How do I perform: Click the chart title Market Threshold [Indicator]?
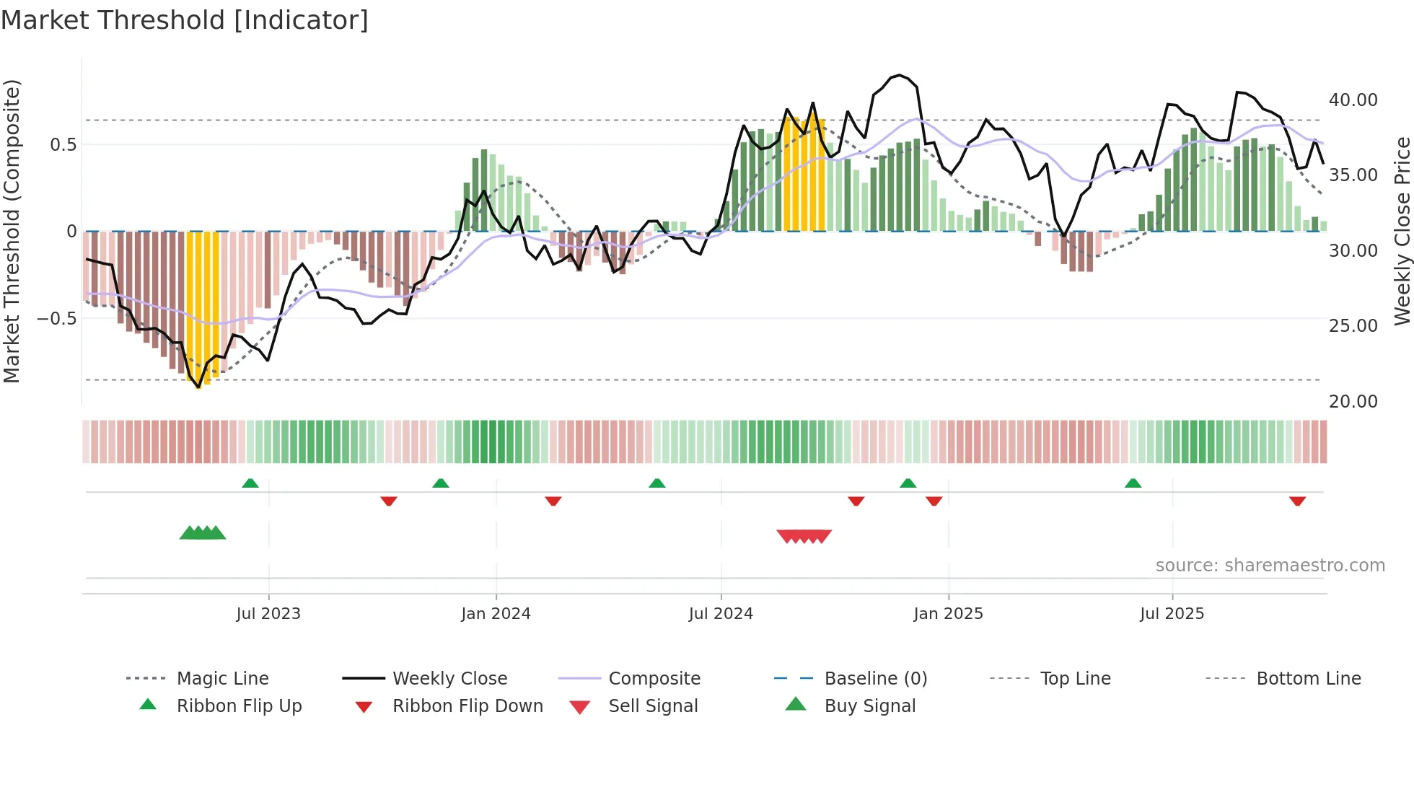click(185, 20)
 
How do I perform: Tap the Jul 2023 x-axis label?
click(268, 614)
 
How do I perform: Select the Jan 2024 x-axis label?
click(496, 614)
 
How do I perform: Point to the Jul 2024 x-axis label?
click(721, 614)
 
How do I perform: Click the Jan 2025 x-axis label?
click(948, 614)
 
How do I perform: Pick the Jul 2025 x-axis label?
click(1172, 614)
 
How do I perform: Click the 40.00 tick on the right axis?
click(1353, 100)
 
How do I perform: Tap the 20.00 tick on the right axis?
click(1353, 402)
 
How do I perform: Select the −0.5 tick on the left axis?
click(56, 318)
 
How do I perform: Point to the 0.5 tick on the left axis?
click(63, 145)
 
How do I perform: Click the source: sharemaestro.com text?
click(1270, 566)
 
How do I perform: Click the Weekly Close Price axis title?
click(1402, 231)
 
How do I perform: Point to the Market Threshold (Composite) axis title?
click(12, 231)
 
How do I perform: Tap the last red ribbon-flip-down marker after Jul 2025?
click(1297, 501)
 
